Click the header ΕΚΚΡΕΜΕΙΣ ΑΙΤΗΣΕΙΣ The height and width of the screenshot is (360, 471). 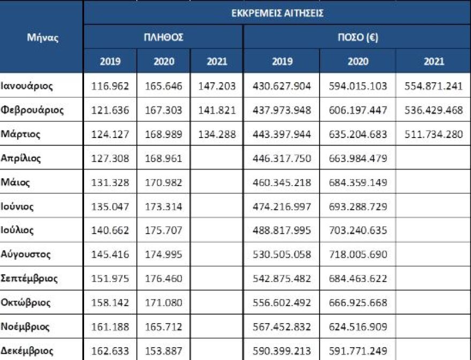pos(277,13)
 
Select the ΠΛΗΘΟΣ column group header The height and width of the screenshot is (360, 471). pos(163,37)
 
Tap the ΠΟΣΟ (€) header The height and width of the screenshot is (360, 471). pos(358,37)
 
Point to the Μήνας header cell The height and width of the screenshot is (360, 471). pos(42,37)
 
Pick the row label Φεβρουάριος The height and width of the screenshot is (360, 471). pos(32,110)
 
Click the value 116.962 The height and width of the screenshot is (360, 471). pos(111,86)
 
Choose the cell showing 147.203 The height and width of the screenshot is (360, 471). pos(217,86)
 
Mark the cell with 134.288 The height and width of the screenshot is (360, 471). pos(217,134)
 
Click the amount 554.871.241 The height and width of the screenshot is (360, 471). pos(434,86)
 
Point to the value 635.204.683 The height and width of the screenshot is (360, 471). pos(358,134)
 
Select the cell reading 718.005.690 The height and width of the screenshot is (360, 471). pos(358,254)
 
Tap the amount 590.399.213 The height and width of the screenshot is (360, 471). pos(282,351)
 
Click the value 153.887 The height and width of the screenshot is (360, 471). pos(164,351)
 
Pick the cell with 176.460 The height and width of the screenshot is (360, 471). pos(164,279)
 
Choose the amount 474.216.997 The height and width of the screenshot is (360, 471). pos(282,206)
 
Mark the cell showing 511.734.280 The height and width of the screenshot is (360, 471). pos(434,134)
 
